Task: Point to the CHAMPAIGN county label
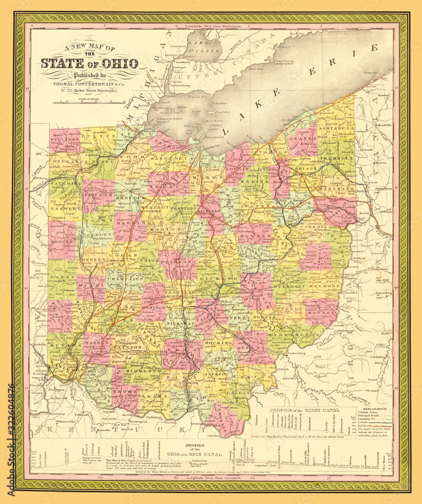pos(124,278)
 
